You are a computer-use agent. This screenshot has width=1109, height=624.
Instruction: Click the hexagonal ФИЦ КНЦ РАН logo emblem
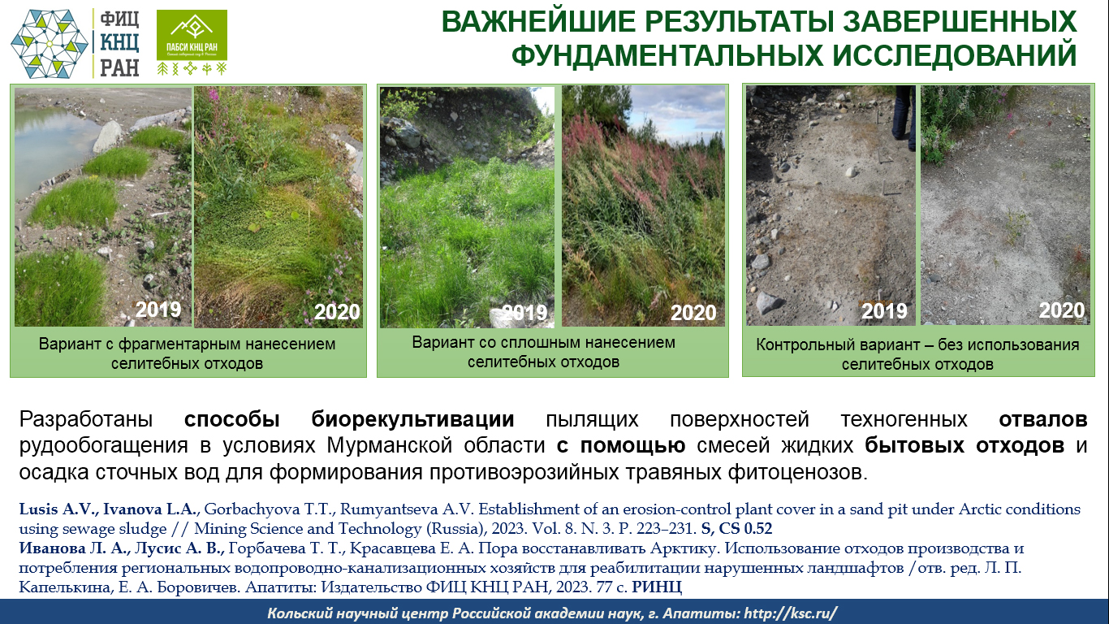50,44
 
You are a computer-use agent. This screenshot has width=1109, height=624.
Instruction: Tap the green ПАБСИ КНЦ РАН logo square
192,35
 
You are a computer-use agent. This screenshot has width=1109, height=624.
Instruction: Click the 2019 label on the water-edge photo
158,310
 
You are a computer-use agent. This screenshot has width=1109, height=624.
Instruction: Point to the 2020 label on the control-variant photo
1061,310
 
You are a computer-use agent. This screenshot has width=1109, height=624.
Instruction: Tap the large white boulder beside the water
107,136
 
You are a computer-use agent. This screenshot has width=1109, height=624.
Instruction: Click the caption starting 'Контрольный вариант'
917,354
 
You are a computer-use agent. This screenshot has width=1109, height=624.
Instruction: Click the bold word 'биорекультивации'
412,419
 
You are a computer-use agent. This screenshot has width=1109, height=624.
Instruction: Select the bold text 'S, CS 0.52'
736,529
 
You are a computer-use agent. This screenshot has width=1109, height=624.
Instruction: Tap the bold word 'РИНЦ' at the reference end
657,587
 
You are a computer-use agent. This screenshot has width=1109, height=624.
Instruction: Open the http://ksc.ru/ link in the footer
791,613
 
